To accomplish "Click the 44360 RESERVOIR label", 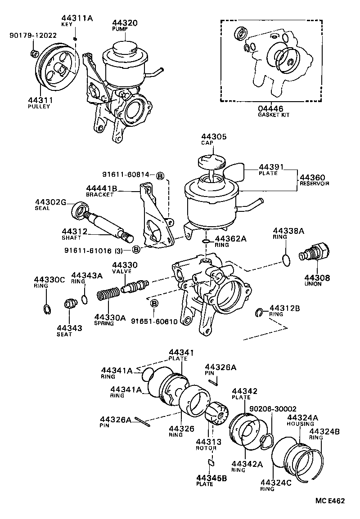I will tap(315, 180).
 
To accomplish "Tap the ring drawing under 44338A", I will tap(284, 258).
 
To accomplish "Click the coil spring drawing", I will tap(108, 296).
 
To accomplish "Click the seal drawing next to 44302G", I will tap(80, 210).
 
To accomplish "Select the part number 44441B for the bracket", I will tap(102, 189).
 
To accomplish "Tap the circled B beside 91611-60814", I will tap(160, 175).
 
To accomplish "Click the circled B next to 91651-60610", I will tap(153, 304).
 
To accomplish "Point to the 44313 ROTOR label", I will tap(206, 444).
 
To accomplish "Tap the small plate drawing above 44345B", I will tap(211, 462).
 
